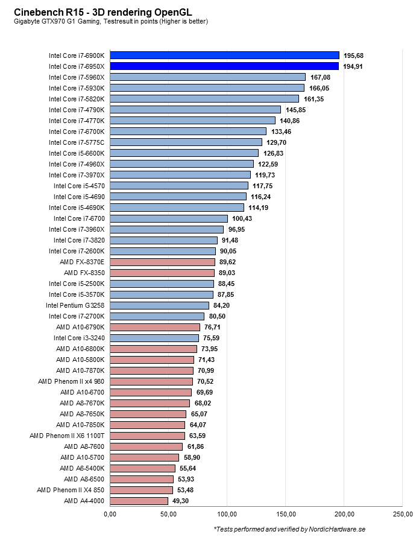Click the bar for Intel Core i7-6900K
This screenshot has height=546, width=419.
(x=224, y=56)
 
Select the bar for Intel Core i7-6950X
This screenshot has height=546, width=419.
(x=224, y=66)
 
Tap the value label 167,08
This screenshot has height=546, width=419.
(x=321, y=77)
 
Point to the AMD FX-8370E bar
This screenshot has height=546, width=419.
(x=162, y=262)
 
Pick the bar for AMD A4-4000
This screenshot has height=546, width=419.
(x=139, y=501)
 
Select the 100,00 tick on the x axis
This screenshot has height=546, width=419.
(x=227, y=514)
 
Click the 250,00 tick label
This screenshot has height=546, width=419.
(x=403, y=514)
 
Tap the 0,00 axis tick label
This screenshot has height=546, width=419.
(x=110, y=514)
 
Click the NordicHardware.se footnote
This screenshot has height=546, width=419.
(x=289, y=529)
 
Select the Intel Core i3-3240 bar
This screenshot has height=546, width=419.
(x=154, y=338)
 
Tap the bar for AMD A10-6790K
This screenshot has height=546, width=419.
(x=155, y=327)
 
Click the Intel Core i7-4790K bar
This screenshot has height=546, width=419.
(x=195, y=110)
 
